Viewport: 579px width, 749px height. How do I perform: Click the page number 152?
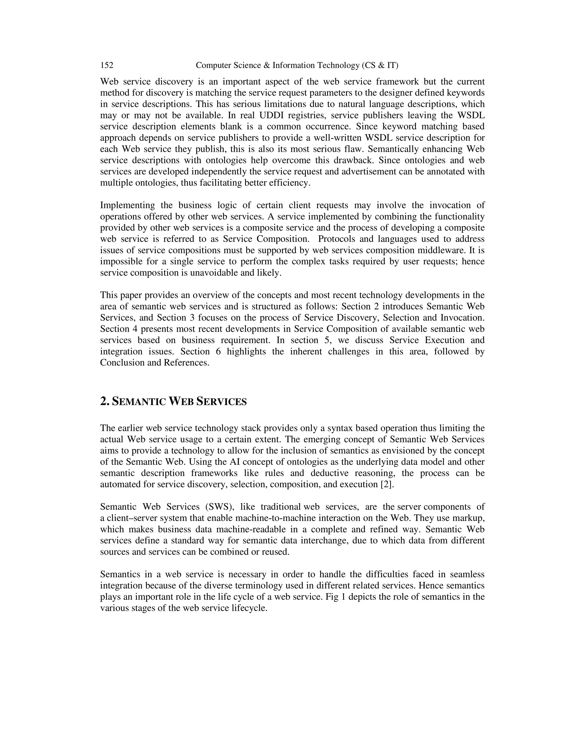coord(107,65)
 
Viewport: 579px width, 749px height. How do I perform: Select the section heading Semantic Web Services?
coord(173,401)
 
